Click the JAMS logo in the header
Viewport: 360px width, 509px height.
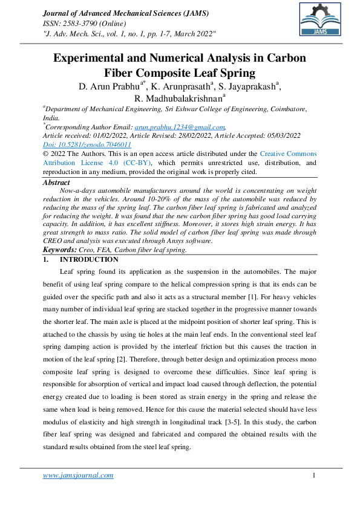coord(318,19)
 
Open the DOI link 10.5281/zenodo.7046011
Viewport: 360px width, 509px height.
coord(87,145)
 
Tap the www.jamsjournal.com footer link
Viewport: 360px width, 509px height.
coord(78,475)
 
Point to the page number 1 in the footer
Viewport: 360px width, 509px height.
coord(315,475)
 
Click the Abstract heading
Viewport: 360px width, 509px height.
coord(56,183)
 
